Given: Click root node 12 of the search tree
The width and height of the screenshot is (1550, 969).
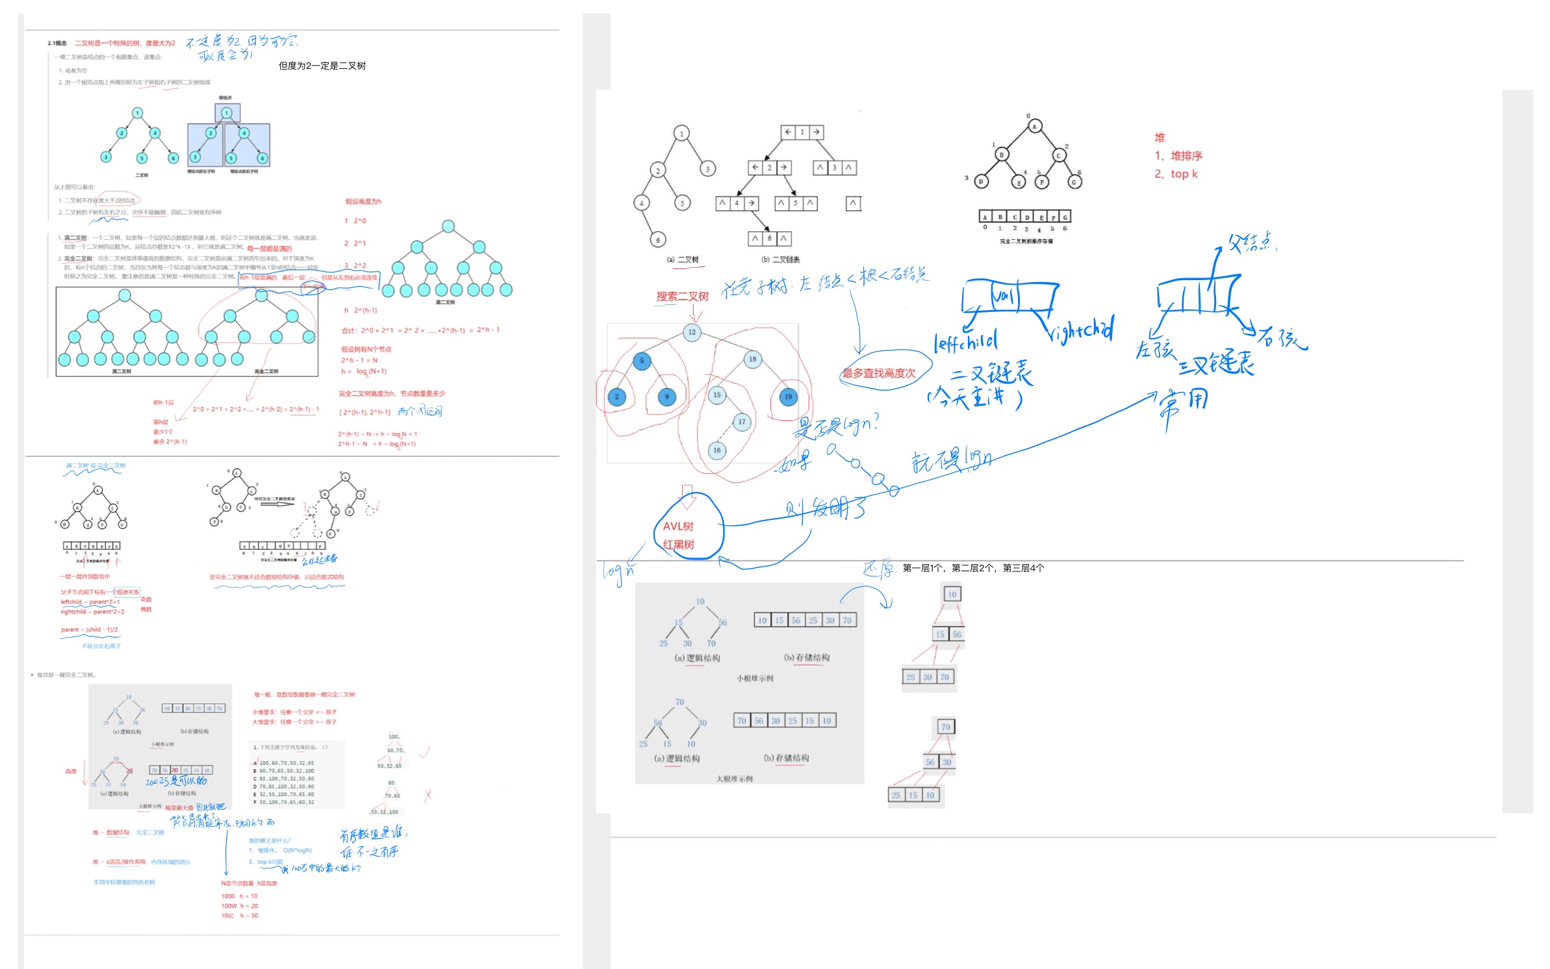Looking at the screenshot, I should click(x=692, y=332).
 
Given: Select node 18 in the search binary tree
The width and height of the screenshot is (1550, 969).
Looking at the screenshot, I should click(x=752, y=359).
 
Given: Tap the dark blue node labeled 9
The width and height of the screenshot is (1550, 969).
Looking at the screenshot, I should click(x=667, y=396).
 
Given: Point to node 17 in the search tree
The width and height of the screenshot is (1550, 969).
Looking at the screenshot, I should click(x=742, y=422).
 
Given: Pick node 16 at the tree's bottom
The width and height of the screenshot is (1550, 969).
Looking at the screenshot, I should click(x=717, y=450).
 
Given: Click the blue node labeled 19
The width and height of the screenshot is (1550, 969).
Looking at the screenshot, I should click(x=788, y=396).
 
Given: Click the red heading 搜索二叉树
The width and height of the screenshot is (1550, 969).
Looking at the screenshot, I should click(x=682, y=296).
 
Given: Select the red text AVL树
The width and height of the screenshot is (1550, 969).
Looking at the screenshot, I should click(x=678, y=526).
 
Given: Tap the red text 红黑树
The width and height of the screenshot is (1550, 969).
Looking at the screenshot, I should click(x=678, y=544).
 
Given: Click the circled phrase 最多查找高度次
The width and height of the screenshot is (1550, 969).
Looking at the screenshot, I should click(x=879, y=373).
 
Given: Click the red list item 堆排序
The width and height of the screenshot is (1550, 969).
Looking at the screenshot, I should click(x=1186, y=156).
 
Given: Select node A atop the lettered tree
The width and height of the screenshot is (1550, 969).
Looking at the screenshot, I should click(x=1034, y=127).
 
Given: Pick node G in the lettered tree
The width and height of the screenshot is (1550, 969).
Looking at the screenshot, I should click(x=1074, y=182).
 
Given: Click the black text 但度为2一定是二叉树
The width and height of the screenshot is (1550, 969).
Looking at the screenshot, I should click(x=322, y=66).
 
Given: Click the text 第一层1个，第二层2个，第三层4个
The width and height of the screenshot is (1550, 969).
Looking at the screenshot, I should click(x=973, y=568).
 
